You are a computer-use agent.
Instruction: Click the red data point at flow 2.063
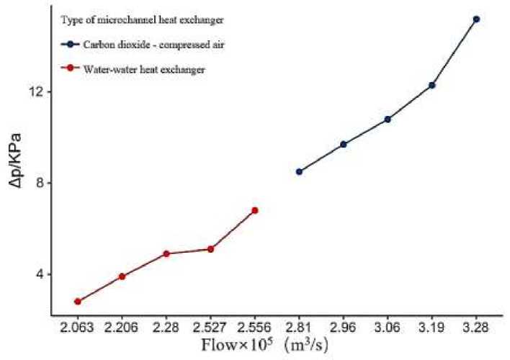78,301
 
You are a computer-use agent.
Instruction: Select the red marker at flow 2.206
122,276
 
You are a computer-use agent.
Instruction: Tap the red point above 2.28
166,253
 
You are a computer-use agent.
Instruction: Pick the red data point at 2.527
210,249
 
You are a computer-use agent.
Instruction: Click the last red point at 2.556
254,210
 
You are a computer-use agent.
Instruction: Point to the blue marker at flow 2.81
299,171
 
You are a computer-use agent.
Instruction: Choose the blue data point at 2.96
344,144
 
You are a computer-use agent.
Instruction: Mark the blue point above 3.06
388,119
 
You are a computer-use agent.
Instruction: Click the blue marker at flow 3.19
432,85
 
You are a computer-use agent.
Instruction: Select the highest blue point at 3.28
476,19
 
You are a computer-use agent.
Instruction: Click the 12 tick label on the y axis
38,92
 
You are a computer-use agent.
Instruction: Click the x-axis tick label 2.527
210,326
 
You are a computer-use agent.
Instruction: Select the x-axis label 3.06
388,326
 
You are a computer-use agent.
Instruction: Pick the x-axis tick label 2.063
78,326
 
